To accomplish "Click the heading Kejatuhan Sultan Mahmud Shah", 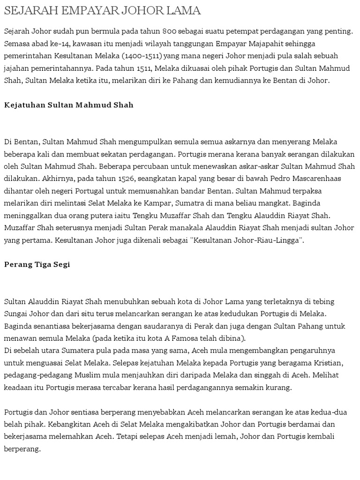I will (x=69, y=105).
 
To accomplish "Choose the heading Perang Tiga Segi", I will (x=37, y=264).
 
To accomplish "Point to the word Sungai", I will (x=17, y=313).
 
